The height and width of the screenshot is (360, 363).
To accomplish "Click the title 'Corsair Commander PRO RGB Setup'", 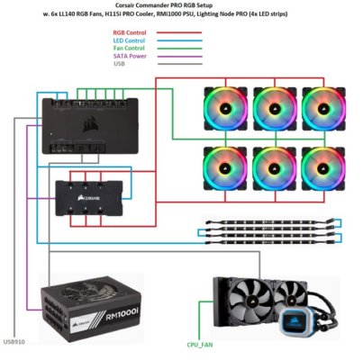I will point(181,6).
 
